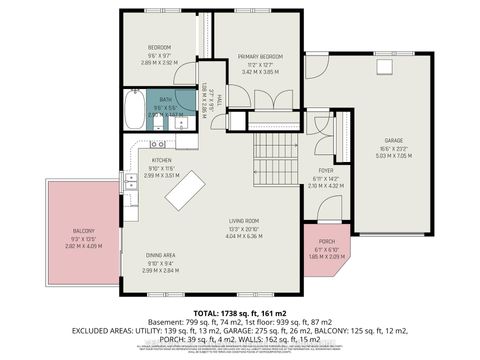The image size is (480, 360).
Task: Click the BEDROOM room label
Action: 160,47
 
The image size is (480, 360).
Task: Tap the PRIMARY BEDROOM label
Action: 259,57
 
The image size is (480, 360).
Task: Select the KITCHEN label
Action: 163,160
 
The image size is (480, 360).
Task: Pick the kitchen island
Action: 187,190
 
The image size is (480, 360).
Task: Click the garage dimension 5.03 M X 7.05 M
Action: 392,155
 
